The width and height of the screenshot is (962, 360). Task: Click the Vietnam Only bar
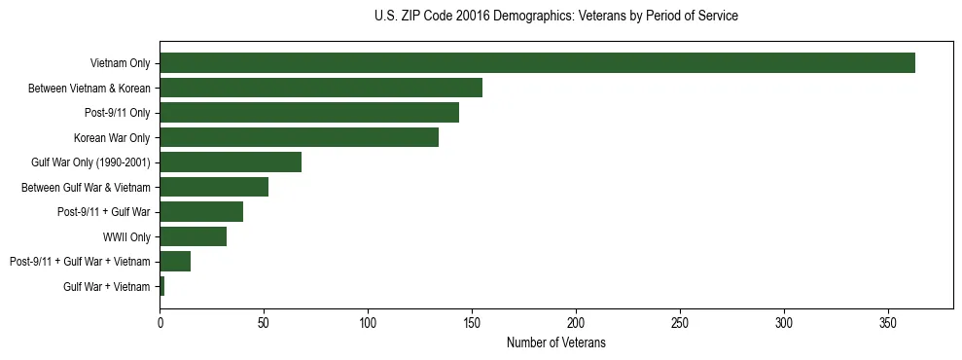pos(537,63)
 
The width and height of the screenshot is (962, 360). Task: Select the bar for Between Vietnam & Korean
pos(321,89)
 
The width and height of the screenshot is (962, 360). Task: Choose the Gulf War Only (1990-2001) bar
pos(231,162)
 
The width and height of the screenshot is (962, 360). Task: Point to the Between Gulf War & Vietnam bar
pos(214,187)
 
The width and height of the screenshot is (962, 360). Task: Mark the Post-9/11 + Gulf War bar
pos(201,212)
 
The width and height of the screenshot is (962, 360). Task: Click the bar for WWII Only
pos(193,236)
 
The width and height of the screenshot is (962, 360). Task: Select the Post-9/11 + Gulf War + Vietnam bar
pos(175,261)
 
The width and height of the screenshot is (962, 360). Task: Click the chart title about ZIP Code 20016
pos(555,17)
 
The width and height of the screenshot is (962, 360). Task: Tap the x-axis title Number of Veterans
pos(555,342)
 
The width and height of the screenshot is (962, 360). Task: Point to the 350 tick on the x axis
pos(888,322)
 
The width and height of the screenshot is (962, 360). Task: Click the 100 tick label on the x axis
pos(368,322)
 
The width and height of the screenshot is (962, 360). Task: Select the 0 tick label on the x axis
pos(160,322)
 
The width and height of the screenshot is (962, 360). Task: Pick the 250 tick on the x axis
pos(680,322)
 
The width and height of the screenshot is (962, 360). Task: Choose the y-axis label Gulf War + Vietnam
pos(107,286)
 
